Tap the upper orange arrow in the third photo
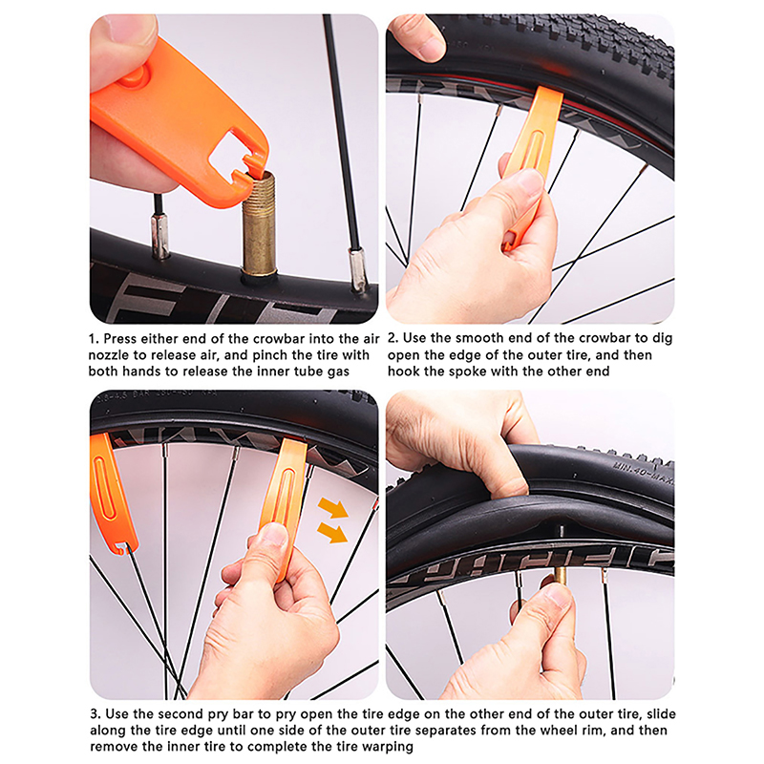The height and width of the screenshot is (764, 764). pyautogui.click(x=332, y=507)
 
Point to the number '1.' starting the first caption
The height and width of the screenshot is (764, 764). pyautogui.click(x=94, y=339)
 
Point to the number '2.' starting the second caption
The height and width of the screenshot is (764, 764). pyautogui.click(x=393, y=338)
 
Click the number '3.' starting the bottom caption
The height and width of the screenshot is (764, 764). pyautogui.click(x=95, y=714)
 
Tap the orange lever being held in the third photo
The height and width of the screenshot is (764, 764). pyautogui.click(x=284, y=507)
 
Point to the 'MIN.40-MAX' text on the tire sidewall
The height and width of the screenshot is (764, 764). pyautogui.click(x=642, y=474)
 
